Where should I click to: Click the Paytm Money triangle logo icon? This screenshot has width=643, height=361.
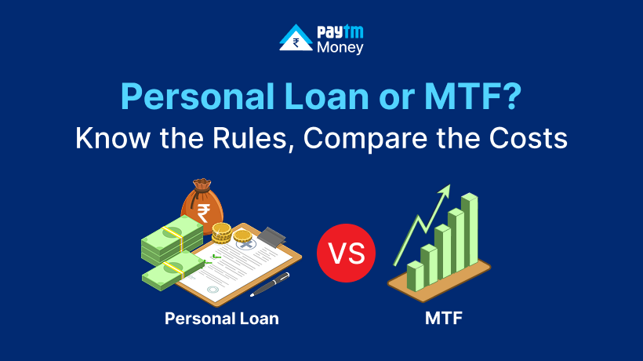(x=296, y=38)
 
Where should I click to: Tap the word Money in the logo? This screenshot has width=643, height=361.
(x=340, y=48)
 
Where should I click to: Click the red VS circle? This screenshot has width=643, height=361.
(x=346, y=253)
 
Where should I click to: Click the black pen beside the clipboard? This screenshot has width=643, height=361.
(x=270, y=284)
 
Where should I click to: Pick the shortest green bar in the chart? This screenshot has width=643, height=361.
(x=416, y=275)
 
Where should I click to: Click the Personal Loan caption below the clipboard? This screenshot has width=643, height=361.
(x=222, y=319)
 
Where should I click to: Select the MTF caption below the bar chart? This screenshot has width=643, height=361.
(x=444, y=319)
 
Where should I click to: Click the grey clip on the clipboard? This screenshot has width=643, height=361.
(x=271, y=237)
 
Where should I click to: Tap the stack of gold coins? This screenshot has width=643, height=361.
(x=221, y=233)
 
